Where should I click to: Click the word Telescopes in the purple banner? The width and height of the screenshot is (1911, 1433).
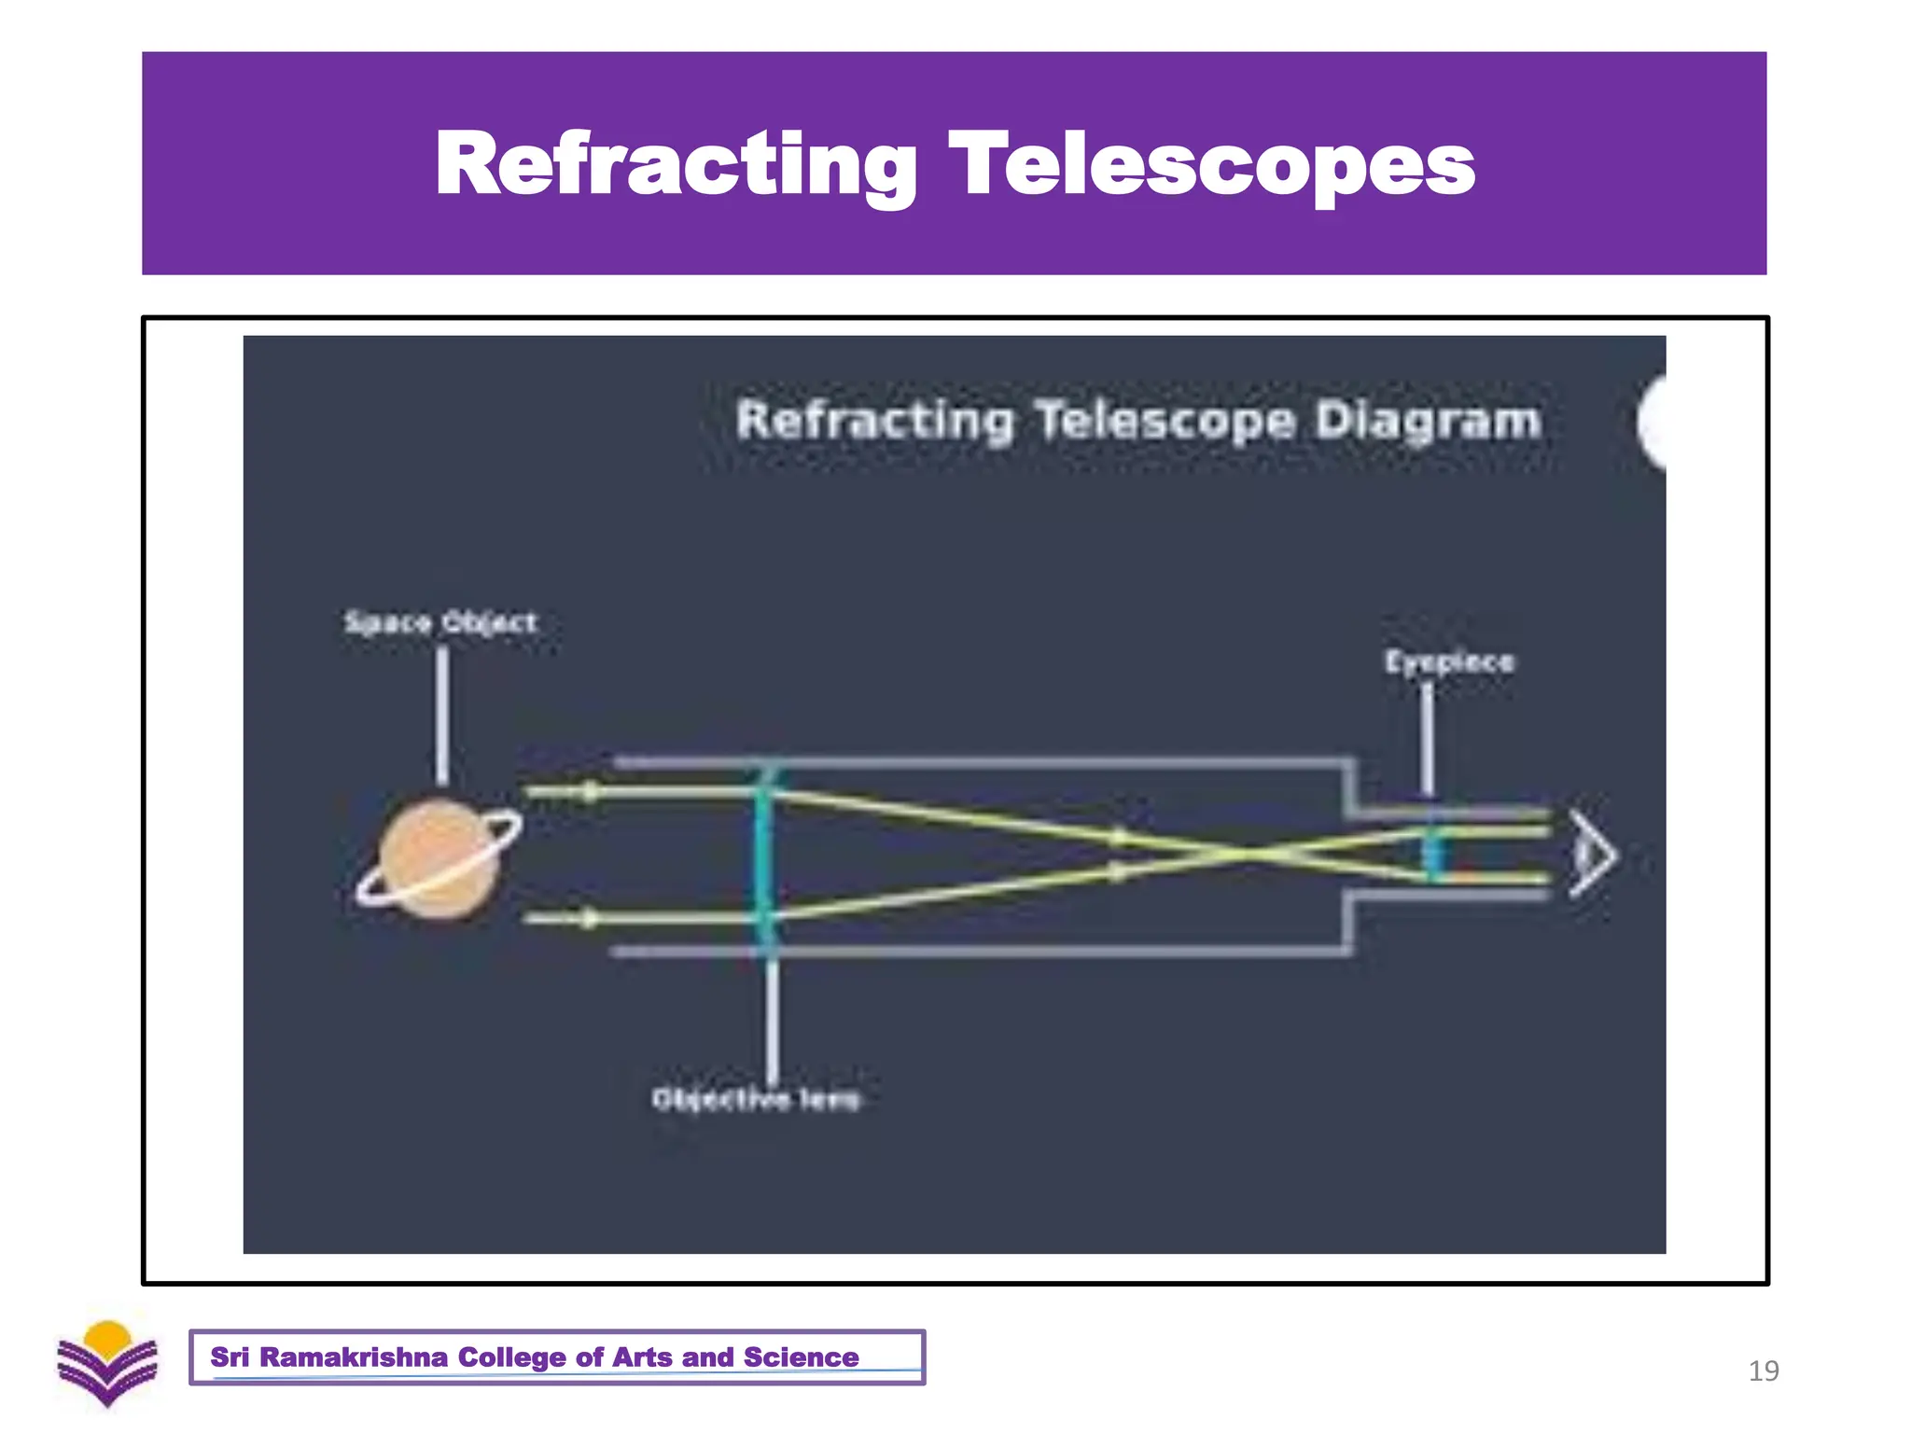[1211, 164]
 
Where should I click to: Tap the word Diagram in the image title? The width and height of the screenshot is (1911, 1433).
[1427, 420]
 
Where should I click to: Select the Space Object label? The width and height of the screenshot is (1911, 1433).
[440, 622]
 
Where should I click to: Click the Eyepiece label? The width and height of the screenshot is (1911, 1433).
[1448, 661]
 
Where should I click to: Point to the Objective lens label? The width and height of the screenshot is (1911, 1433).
[755, 1099]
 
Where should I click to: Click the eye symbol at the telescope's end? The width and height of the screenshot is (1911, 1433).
[1592, 854]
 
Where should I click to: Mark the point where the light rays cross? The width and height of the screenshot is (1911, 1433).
[1247, 853]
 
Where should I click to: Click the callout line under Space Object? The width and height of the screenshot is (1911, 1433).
[442, 714]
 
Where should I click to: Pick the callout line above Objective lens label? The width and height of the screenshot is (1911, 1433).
[772, 1017]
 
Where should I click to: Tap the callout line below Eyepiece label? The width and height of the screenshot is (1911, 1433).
[1428, 737]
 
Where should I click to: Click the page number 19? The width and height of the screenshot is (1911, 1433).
[1763, 1370]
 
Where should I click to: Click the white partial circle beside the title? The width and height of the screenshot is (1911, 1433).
[1652, 423]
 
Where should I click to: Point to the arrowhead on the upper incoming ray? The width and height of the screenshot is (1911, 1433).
[590, 792]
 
